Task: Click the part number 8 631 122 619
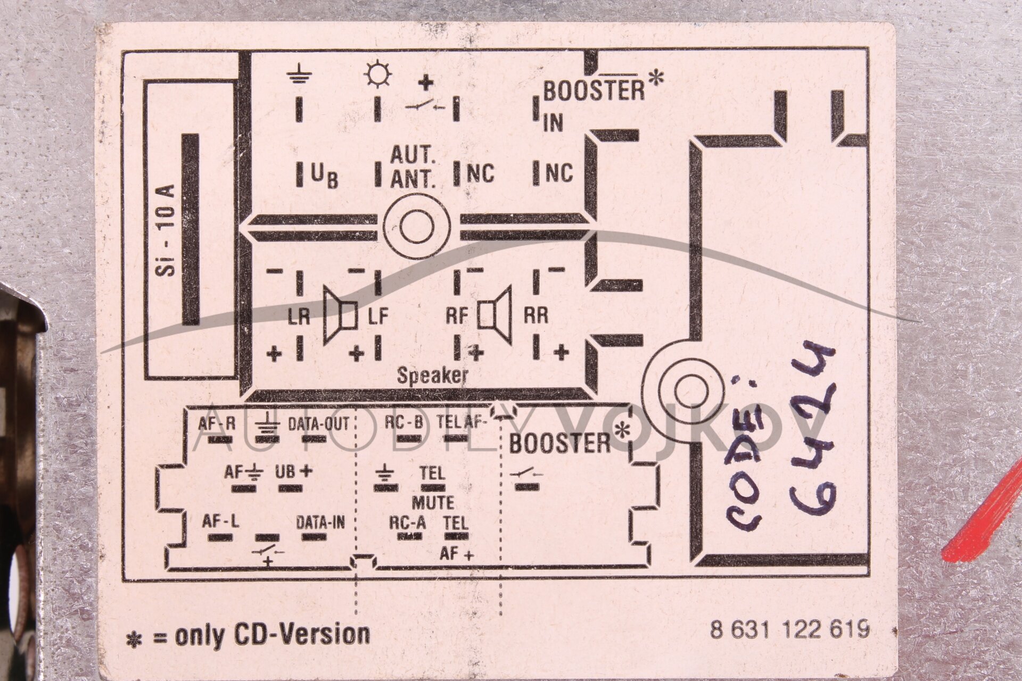tap(789, 630)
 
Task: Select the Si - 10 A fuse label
tap(167, 230)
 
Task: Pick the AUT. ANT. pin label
tap(413, 168)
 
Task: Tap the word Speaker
tap(432, 376)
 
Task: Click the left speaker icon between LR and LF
tap(340, 315)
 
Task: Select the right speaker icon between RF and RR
tap(495, 315)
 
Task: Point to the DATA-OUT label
tap(318, 424)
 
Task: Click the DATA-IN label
tap(320, 522)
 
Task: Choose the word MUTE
tap(433, 502)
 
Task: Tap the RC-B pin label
tap(403, 422)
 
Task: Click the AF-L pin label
tap(220, 522)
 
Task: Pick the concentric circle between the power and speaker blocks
tap(417, 226)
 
